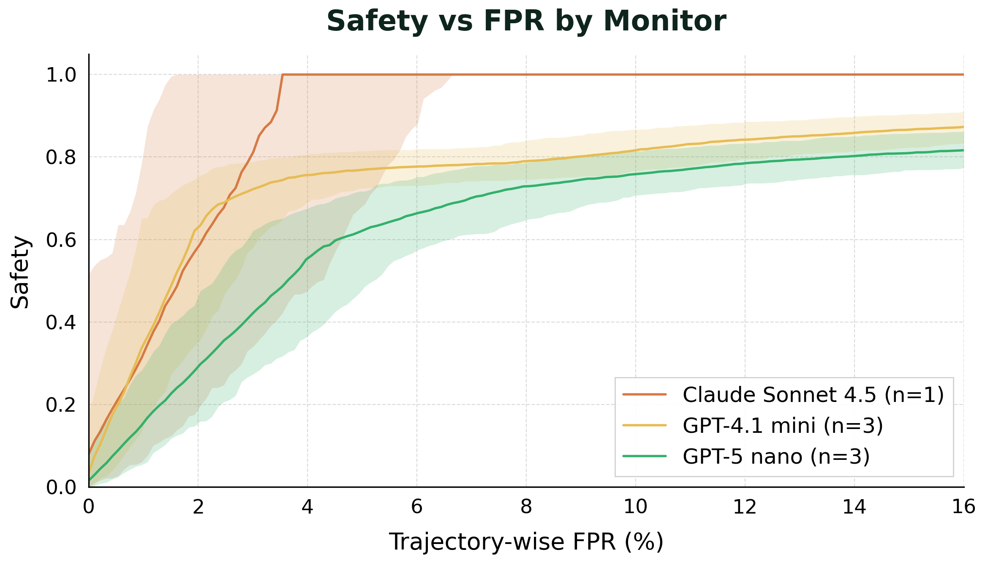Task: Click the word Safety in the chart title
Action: (377, 21)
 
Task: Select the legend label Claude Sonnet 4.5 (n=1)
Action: (813, 395)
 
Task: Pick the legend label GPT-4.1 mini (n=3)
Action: (783, 425)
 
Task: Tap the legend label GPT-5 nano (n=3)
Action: (776, 456)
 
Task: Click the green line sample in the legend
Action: (645, 456)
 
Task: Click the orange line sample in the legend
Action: (645, 395)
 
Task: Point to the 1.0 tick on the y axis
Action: (61, 75)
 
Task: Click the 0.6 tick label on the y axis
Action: (61, 240)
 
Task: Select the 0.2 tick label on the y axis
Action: (61, 405)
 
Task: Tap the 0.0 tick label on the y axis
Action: (61, 488)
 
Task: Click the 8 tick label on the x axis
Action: (526, 506)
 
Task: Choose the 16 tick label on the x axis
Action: (963, 506)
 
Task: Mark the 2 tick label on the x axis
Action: (198, 506)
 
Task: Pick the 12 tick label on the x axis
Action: (745, 506)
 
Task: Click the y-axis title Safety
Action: (20, 272)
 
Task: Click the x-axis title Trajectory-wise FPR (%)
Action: (526, 542)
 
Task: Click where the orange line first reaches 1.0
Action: (283, 75)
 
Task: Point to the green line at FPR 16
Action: (963, 150)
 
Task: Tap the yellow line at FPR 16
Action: (963, 127)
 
